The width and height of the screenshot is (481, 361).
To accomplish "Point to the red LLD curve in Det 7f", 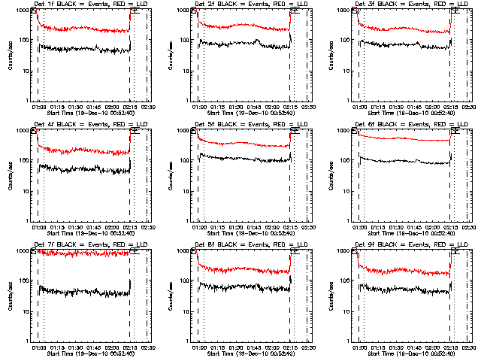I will [x=83, y=253].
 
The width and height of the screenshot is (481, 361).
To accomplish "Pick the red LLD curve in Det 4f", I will [x=83, y=151].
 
